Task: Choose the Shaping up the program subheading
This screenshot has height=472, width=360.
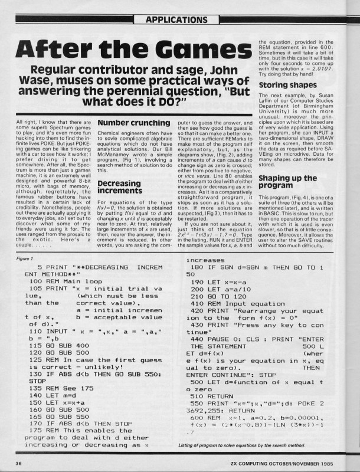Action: tap(287, 182)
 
